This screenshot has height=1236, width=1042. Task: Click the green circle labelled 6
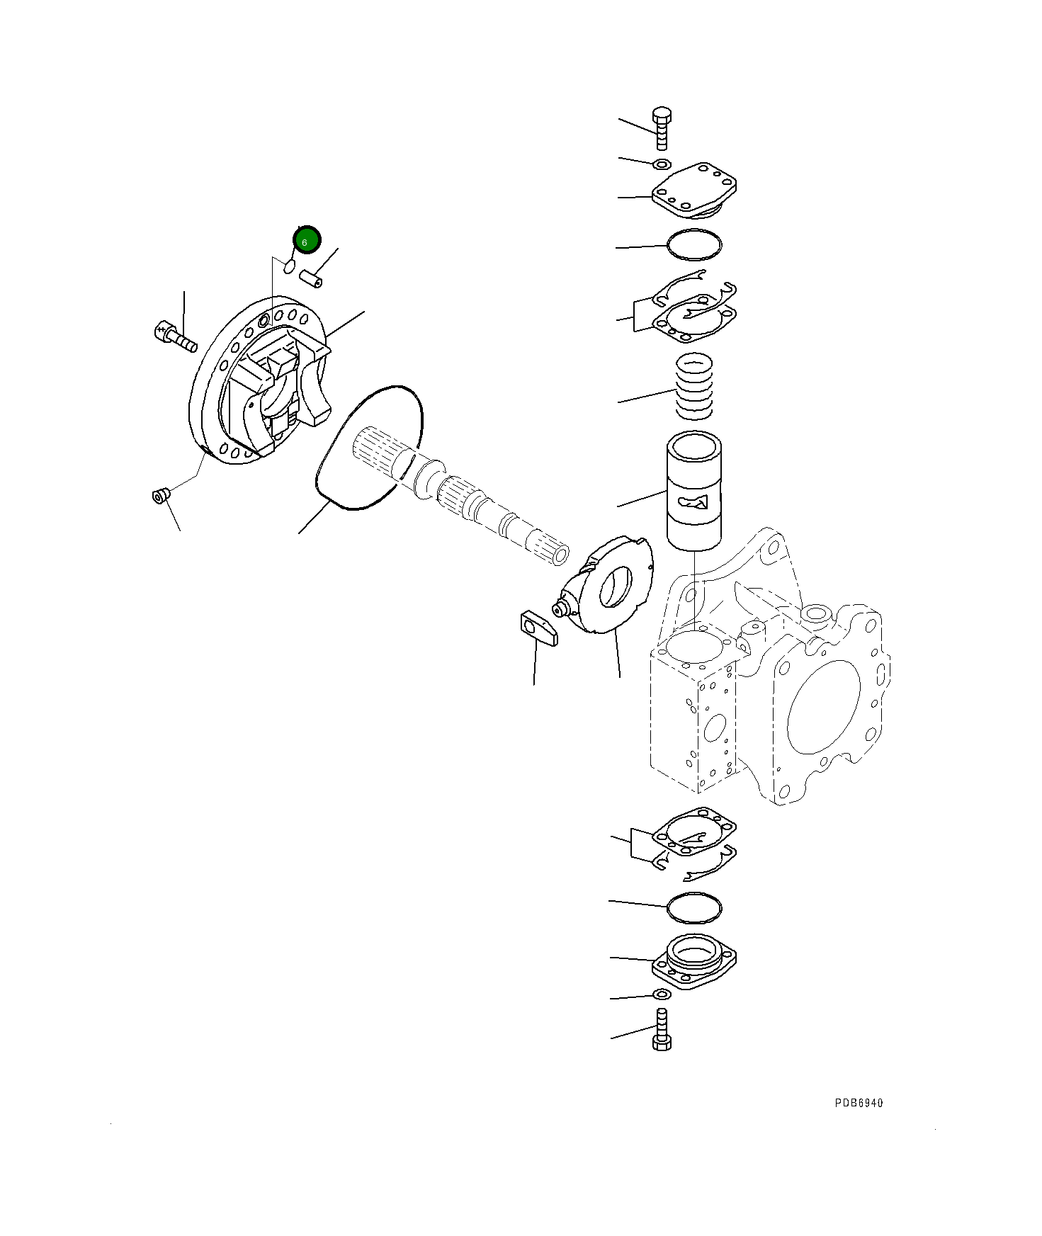[307, 240]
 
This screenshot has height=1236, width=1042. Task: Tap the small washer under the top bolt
[661, 165]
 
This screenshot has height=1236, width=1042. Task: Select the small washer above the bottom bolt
[660, 995]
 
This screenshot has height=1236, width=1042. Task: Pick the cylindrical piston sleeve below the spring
[694, 490]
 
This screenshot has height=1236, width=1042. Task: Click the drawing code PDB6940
[859, 1103]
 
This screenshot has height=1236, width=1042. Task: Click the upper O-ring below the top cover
[694, 245]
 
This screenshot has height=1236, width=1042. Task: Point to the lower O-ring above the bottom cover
[694, 907]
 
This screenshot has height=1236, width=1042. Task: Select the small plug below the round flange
[160, 495]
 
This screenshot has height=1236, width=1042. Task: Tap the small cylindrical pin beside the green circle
[310, 278]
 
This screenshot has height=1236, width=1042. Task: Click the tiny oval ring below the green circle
[289, 266]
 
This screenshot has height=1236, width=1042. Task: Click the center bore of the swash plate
[616, 587]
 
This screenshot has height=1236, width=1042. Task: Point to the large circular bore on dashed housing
[823, 707]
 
